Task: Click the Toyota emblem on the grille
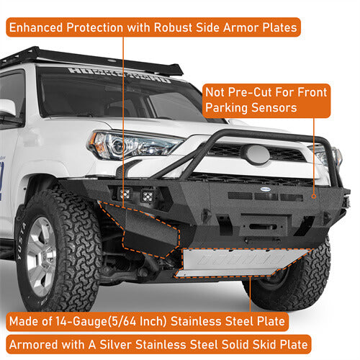[256, 154]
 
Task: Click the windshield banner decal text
[119, 74]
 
